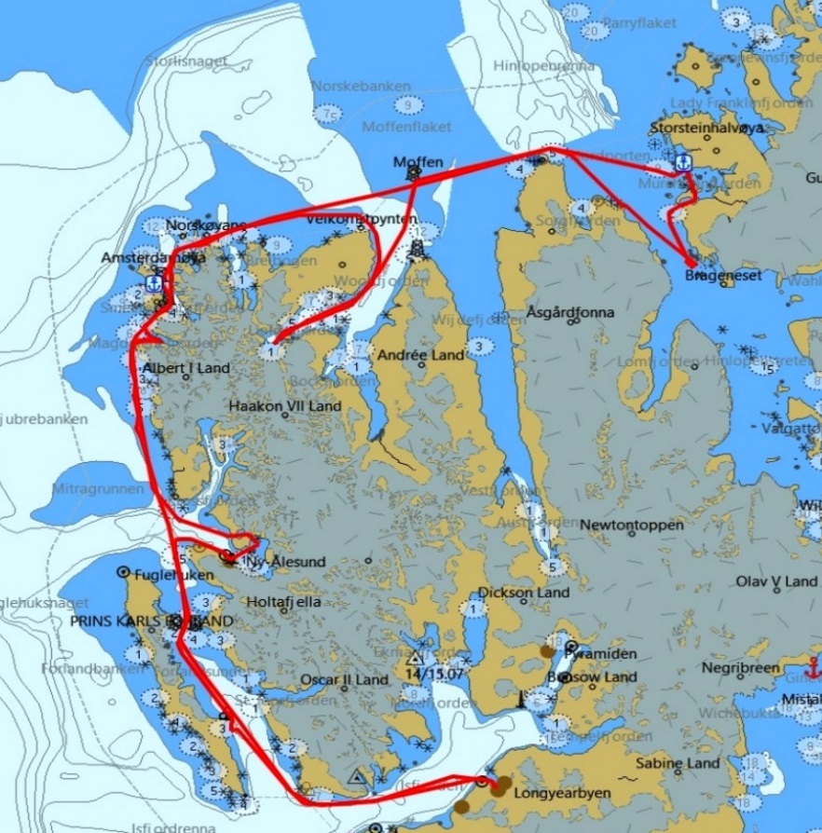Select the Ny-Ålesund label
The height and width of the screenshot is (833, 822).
pos(272,562)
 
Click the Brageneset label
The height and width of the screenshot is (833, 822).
pos(722,276)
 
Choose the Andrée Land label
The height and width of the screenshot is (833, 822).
pos(420,355)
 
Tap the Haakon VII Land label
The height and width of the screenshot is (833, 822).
pos(285,406)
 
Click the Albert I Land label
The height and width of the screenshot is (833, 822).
pos(185,368)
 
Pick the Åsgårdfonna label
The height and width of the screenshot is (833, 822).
pos(569,312)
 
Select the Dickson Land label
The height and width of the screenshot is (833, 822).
pos(523,593)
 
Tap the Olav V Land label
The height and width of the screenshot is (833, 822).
pos(776,581)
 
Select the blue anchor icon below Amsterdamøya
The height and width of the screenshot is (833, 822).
pos(154,283)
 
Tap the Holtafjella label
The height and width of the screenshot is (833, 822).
pos(283,602)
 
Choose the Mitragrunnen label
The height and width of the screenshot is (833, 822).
pos(99,487)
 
